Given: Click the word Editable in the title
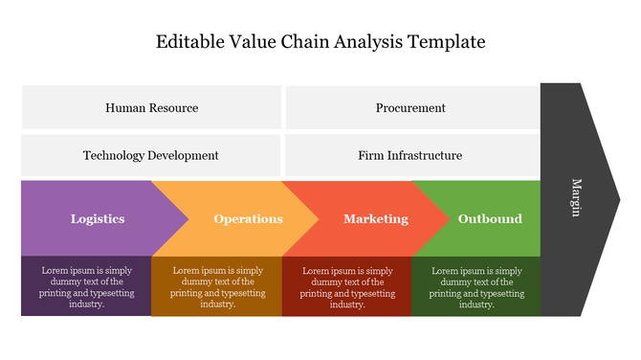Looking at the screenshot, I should coord(189,42).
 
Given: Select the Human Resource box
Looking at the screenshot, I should coord(151,108).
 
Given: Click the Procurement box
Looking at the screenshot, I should coord(410,108).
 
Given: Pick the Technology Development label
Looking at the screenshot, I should coord(151,155).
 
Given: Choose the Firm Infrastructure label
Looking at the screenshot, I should coord(410,155).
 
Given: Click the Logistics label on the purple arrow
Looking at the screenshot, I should coord(98,219).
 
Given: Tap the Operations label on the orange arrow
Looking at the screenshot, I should coord(248,219).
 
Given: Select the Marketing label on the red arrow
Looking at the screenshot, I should coord(375,219).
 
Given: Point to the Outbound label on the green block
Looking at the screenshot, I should coord(490,219).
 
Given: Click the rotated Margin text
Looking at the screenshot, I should coord(576,197).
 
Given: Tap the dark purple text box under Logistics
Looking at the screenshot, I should coord(86,286).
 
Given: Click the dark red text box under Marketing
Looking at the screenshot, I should coord(346,286).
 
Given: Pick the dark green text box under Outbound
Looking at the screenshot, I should coord(475,286).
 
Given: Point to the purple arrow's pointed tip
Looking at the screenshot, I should coord(187,218).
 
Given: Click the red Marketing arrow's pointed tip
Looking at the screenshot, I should coord(447,218).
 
